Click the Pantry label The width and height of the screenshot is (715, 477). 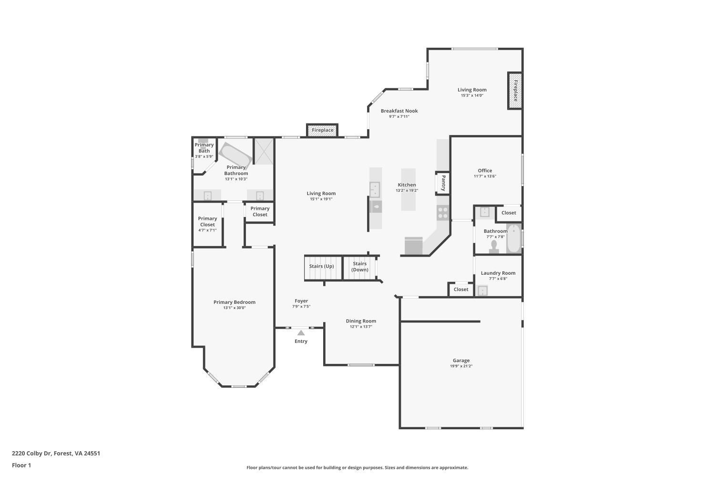443,183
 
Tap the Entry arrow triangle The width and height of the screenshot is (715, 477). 301,333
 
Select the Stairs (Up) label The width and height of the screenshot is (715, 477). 322,266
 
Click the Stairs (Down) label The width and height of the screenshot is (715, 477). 360,267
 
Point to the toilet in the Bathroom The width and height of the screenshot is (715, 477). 494,246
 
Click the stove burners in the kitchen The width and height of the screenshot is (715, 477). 443,212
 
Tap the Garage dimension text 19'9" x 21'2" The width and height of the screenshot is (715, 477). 461,366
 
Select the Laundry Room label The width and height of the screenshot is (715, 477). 498,273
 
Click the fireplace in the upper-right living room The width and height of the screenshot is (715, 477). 515,91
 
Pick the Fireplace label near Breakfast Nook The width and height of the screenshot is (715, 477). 323,130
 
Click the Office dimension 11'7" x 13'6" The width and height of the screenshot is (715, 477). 485,176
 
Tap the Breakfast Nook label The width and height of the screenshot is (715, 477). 399,111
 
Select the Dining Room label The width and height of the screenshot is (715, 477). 361,321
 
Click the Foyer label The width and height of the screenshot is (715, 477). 301,301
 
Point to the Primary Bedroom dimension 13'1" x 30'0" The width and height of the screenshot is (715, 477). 235,308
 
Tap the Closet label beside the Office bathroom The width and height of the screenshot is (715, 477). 509,213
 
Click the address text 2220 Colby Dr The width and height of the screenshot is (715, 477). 56,453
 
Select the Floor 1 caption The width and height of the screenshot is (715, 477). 21,465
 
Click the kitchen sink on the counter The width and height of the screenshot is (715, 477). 375,189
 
